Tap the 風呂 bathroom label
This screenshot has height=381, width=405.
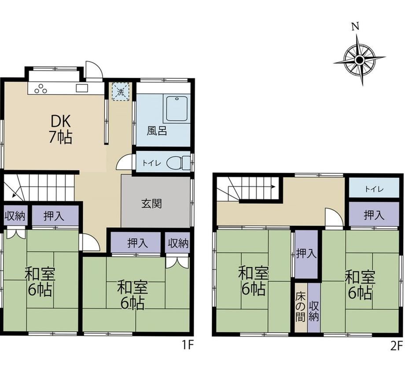click(157, 131)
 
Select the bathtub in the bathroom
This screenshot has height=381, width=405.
click(177, 109)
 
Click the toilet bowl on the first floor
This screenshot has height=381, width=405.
click(178, 163)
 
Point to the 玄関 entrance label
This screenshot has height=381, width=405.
click(151, 203)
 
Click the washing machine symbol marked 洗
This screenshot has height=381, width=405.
click(120, 91)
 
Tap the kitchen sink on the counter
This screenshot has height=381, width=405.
click(82, 88)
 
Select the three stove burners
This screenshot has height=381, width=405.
click(41, 89)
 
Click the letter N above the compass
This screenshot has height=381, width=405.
click(356, 26)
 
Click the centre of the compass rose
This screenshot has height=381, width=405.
click(359, 60)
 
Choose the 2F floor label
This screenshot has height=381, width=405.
click(397, 345)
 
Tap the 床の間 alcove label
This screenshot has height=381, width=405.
click(301, 307)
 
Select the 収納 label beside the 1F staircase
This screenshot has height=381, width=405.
click(15, 216)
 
